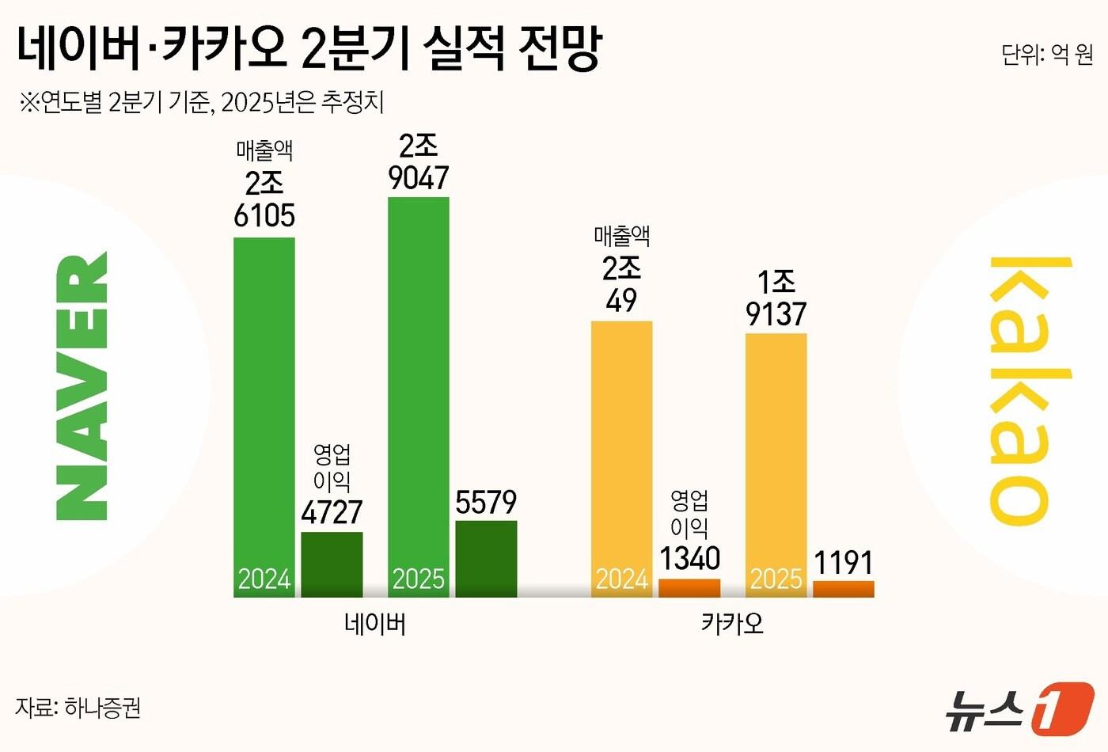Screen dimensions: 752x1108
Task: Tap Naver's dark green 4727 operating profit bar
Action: (332, 564)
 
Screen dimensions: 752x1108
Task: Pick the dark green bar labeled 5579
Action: (486, 558)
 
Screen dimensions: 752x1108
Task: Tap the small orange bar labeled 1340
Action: (689, 588)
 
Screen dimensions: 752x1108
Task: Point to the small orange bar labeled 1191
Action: (844, 589)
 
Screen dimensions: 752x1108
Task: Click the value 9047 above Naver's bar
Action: (419, 178)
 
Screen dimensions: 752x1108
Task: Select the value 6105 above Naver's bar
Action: (264, 215)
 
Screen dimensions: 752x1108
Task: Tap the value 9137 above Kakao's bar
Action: (776, 314)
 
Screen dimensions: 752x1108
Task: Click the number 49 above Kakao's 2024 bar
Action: (622, 301)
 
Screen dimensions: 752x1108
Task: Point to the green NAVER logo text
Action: (82, 385)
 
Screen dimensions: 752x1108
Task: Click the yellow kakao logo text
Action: (1020, 390)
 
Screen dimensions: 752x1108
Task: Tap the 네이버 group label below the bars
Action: (375, 625)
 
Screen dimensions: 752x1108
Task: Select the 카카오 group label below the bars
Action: (733, 624)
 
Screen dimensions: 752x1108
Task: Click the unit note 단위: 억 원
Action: (1046, 55)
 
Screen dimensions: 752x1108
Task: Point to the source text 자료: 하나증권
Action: (78, 707)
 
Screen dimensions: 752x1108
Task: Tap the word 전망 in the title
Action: (560, 47)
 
